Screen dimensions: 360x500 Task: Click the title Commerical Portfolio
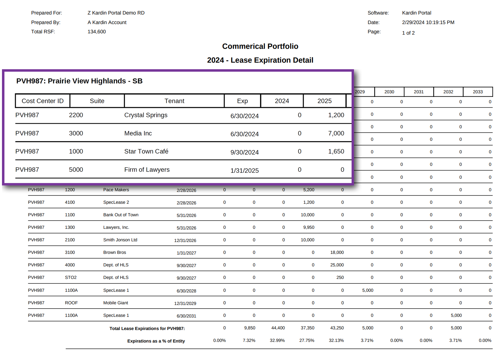260,46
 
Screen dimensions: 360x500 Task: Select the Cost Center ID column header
42,101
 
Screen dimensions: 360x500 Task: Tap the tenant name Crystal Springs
146,115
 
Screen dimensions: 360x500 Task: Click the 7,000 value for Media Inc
336,133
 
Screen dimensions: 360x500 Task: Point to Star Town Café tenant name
146,151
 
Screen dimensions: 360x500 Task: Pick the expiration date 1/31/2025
244,170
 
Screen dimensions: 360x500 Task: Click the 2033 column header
478,92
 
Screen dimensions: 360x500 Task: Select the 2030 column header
389,92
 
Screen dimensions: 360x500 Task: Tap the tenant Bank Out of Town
121,215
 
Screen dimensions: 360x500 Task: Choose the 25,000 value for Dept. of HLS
337,265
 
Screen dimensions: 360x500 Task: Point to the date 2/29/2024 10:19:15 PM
428,22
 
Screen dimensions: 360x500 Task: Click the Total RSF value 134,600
97,32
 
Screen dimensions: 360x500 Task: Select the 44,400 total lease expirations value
278,328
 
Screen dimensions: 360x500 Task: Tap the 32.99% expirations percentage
277,341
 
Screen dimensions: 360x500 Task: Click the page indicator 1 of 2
408,33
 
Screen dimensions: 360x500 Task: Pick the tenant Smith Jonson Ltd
120,240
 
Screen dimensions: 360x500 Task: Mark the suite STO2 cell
70,278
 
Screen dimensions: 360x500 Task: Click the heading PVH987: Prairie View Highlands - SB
79,81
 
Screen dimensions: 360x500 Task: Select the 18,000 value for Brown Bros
337,253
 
